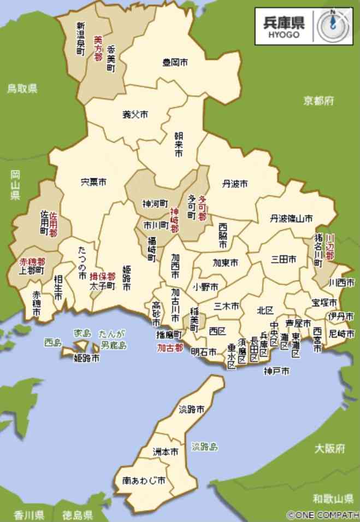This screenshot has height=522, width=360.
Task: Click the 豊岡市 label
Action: coord(175,62)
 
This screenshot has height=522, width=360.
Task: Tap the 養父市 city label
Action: coord(135,115)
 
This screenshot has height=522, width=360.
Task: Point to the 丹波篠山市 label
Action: coord(291,219)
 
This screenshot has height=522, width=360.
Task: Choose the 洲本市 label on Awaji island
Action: coord(165,453)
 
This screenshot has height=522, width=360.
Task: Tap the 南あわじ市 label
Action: coord(144,481)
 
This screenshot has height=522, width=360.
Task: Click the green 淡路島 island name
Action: coord(204,447)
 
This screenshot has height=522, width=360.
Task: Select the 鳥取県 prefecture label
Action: coord(22,88)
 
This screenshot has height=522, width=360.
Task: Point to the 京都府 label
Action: coord(319,101)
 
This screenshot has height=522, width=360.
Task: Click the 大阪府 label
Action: coord(330,449)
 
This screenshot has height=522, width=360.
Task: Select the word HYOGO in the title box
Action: coord(284,34)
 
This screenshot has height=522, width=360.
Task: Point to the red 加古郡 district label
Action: coord(170,348)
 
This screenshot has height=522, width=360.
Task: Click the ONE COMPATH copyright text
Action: coord(323,515)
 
